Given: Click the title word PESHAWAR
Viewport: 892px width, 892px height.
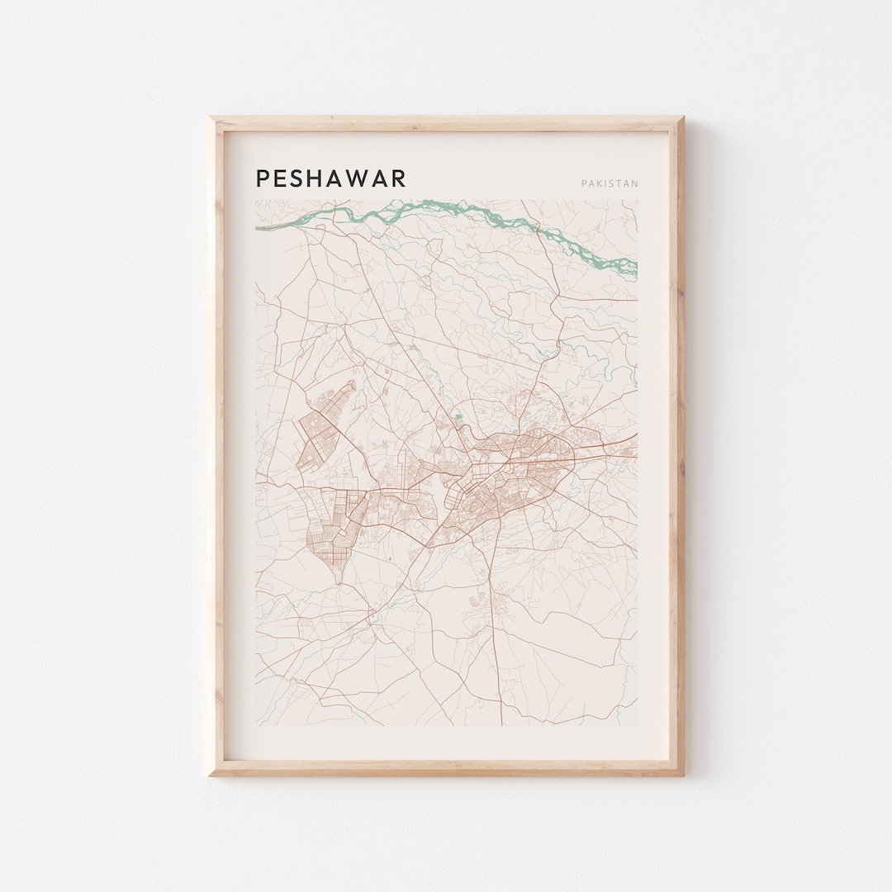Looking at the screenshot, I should click(330, 178).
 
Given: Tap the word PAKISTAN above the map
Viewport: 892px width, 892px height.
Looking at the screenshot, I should click(610, 183).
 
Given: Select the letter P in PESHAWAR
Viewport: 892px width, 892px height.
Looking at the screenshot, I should click(263, 178).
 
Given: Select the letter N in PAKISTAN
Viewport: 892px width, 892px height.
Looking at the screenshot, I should click(634, 183).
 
